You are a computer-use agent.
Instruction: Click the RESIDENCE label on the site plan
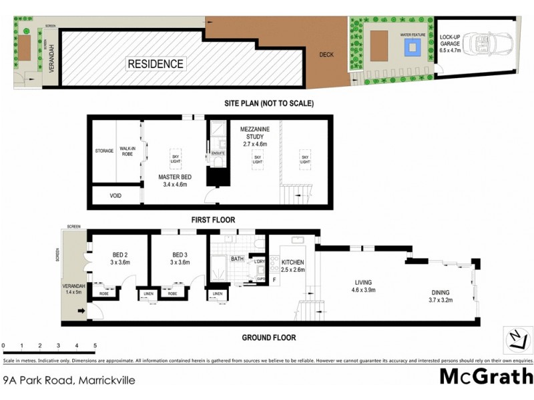pos(156,64)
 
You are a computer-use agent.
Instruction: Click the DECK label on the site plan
pos(326,55)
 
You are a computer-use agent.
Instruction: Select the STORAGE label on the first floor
pos(104,151)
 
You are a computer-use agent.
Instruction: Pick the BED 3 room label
pos(181,259)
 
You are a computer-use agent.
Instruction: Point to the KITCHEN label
pos(292,266)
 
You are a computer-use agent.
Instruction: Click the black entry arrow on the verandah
pos(81,310)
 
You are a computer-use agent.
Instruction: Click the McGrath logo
pos(486,377)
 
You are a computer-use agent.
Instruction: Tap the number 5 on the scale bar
pos(95,346)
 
